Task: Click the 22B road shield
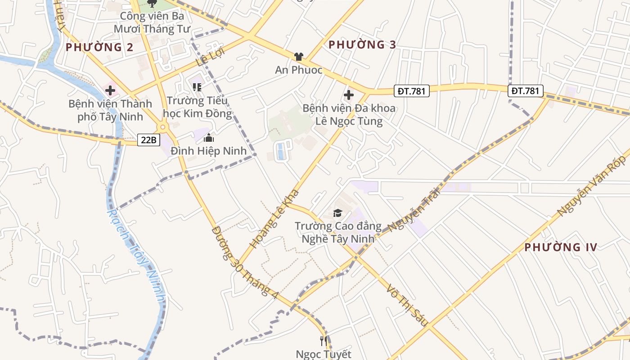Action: click(148, 140)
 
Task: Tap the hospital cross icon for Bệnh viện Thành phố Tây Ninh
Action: click(110, 91)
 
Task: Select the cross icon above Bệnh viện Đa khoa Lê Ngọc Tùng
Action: click(349, 95)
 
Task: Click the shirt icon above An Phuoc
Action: click(298, 56)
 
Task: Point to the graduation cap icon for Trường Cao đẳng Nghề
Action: click(337, 213)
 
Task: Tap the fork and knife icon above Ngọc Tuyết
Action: click(323, 341)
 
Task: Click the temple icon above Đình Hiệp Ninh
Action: click(208, 138)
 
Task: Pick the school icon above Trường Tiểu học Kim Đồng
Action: click(197, 87)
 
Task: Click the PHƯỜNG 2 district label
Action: click(99, 47)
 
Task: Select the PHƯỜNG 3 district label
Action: click(362, 45)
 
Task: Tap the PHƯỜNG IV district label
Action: click(561, 247)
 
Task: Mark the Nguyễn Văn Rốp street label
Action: click(591, 186)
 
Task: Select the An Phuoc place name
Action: click(299, 70)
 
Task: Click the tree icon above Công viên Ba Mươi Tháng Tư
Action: click(152, 4)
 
